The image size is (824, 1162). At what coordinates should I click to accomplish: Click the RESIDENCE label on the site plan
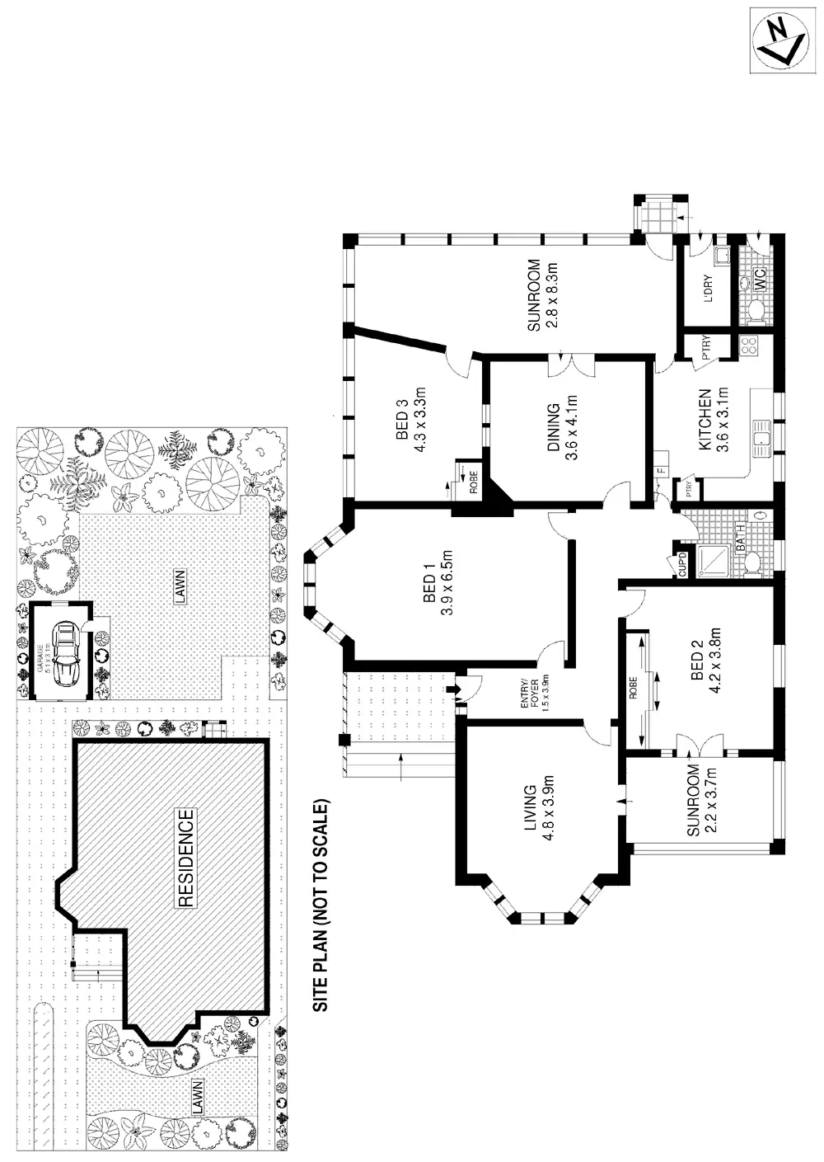point(185,858)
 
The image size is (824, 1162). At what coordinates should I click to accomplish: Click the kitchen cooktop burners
point(749,346)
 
